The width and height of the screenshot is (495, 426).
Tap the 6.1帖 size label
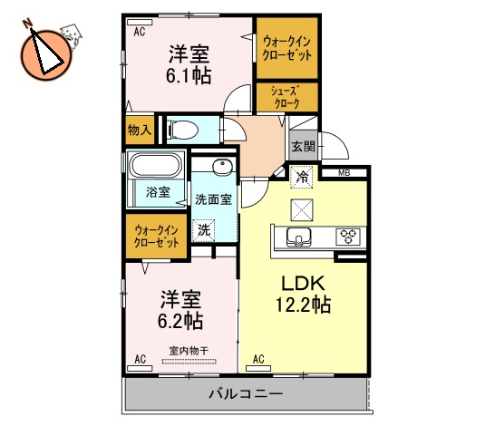pos(189,76)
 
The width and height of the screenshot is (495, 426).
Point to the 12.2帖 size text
pos(304,305)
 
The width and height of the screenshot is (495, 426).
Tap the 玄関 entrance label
pos(302,144)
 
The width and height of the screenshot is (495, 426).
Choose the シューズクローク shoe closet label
pos(286,96)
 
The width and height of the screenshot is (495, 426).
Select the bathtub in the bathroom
pos(154,168)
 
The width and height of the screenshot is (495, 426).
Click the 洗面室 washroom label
pos(213,200)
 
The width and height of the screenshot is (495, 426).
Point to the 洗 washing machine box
pos(205,230)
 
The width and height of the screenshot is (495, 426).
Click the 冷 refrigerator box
pos(301,178)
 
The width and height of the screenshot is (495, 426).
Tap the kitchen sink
pos(296,237)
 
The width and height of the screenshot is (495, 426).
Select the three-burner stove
pos(346,237)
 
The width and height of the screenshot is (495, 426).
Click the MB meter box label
pos(345,172)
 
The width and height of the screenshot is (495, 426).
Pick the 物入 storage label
pos(139,131)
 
